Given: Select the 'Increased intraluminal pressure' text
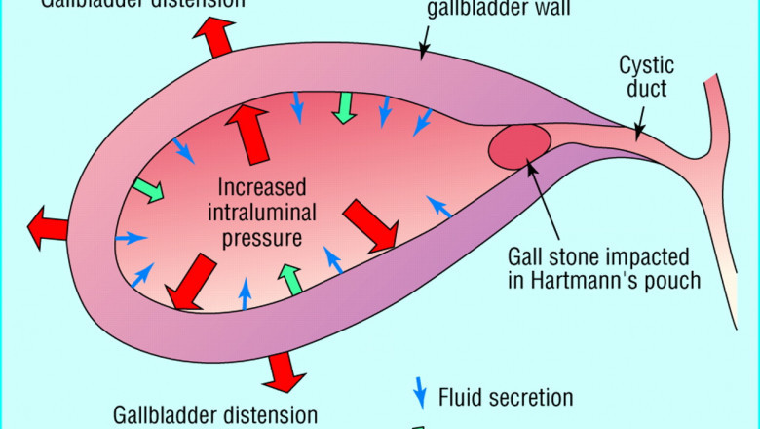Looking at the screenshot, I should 261,211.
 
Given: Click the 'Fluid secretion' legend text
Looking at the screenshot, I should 506,397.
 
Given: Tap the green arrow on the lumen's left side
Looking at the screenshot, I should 149,189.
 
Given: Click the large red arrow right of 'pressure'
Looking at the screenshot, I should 372,225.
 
